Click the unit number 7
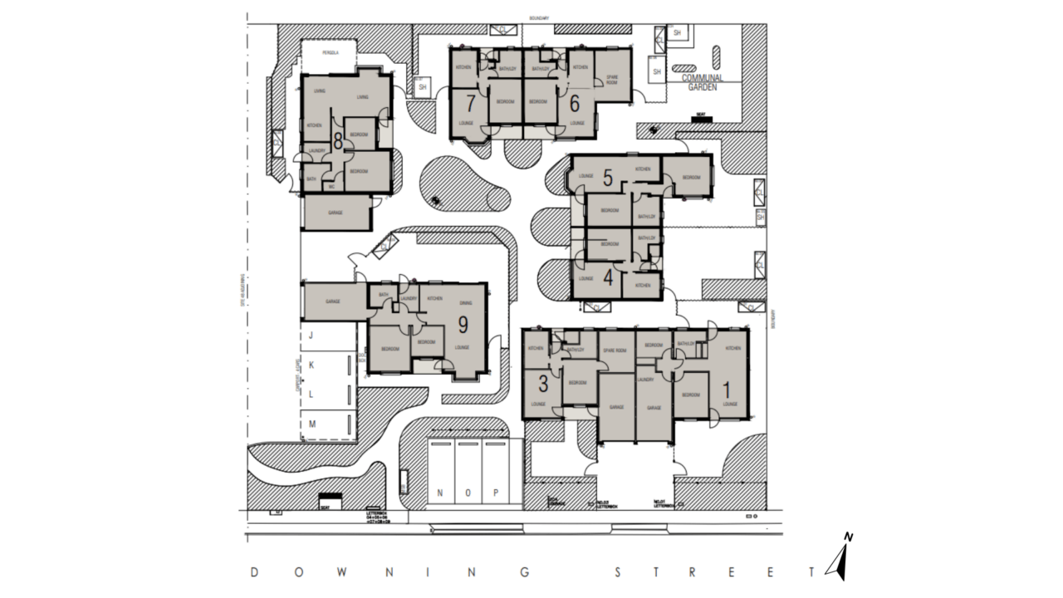tap(471, 104)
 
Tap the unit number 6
tap(573, 104)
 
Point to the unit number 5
tap(607, 177)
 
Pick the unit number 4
tap(608, 278)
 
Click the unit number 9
tap(463, 324)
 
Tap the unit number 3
tap(543, 384)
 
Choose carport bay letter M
tap(312, 424)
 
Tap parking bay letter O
tap(468, 493)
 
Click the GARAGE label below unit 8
tap(336, 213)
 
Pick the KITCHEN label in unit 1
tap(732, 348)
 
